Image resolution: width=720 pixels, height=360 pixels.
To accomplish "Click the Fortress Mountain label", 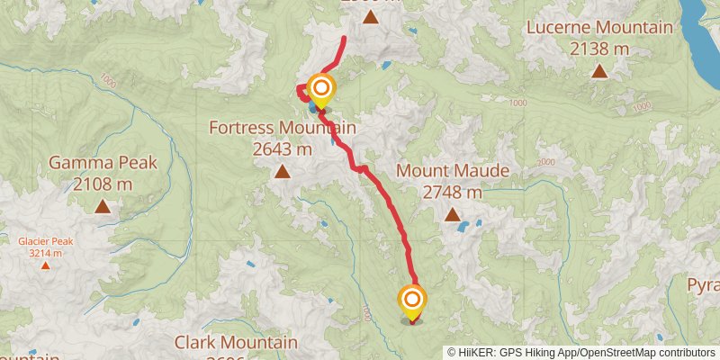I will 282,129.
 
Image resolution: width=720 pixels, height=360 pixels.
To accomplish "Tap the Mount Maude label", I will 453,171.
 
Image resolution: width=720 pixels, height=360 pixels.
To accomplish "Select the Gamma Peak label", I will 103,163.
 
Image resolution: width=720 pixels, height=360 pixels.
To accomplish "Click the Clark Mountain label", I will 236,343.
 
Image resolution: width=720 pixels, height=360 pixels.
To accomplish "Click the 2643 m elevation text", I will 282,149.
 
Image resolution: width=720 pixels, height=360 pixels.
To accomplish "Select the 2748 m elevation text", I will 453,192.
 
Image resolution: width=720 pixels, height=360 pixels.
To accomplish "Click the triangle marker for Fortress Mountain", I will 282,171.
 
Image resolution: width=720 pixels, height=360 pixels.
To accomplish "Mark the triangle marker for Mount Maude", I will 453,214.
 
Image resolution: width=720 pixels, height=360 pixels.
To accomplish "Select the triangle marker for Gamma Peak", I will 103,206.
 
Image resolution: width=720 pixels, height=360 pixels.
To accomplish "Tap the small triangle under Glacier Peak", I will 44,265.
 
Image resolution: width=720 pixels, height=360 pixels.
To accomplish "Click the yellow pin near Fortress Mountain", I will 320,90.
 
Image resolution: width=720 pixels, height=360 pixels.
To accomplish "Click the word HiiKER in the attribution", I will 478,353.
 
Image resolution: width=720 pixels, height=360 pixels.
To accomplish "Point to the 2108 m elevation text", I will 103,184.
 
